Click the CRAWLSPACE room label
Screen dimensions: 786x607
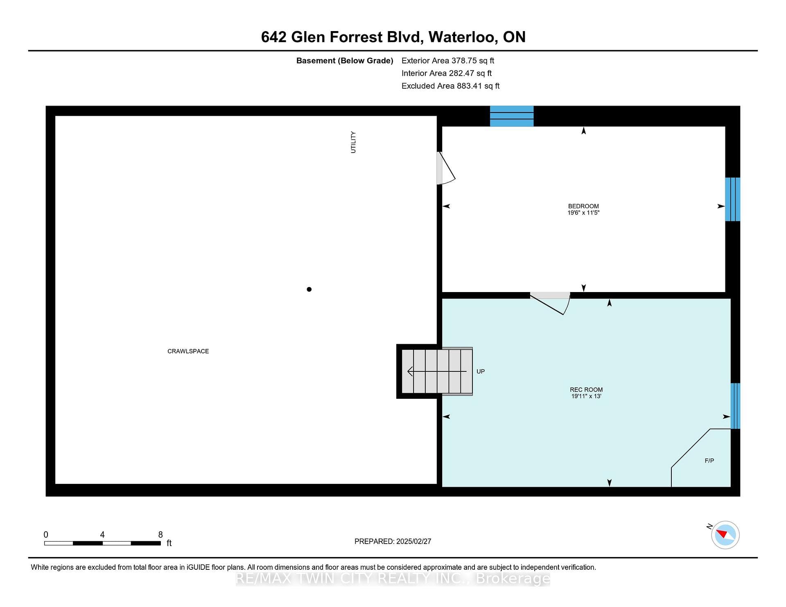(188, 351)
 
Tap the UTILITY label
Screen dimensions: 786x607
(353, 142)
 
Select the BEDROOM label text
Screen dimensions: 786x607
(583, 206)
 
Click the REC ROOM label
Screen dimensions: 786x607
(586, 390)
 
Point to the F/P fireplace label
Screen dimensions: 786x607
(709, 461)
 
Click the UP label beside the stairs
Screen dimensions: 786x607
(481, 371)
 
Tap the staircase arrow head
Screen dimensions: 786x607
(410, 371)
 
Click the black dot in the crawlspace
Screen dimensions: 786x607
(309, 289)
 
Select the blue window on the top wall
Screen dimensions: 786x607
(512, 116)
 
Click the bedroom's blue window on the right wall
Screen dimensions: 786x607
(732, 199)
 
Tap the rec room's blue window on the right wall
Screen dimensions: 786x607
(735, 406)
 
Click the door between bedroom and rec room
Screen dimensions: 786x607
(550, 303)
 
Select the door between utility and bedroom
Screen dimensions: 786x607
(446, 168)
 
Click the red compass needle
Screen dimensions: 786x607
(722, 533)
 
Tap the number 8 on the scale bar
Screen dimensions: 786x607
(160, 535)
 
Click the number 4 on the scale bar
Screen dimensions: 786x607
(102, 535)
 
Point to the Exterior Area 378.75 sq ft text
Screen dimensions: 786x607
(448, 61)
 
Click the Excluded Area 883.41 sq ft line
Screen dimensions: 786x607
(450, 86)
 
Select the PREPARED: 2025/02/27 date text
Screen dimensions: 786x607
(393, 541)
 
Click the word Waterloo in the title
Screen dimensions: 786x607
(463, 37)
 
